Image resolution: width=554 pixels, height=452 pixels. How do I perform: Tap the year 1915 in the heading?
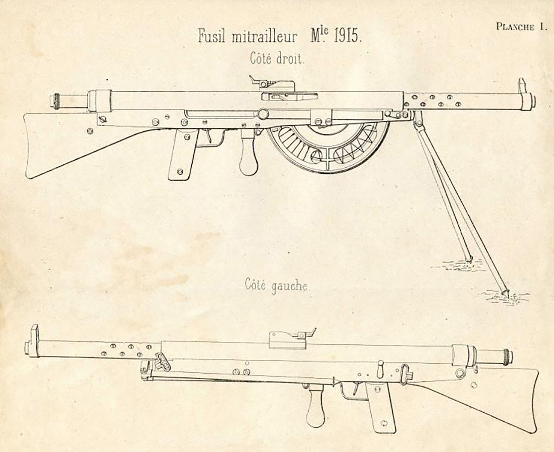(x=348, y=36)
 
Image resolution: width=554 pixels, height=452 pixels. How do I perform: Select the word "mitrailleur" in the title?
(x=264, y=36)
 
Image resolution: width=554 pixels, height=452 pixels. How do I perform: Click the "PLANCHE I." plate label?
(x=521, y=27)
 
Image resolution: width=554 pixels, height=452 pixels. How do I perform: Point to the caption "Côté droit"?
(x=277, y=59)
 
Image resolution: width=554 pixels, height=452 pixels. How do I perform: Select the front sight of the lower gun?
(x=34, y=334)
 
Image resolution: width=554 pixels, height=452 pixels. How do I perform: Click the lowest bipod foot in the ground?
(x=504, y=292)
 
